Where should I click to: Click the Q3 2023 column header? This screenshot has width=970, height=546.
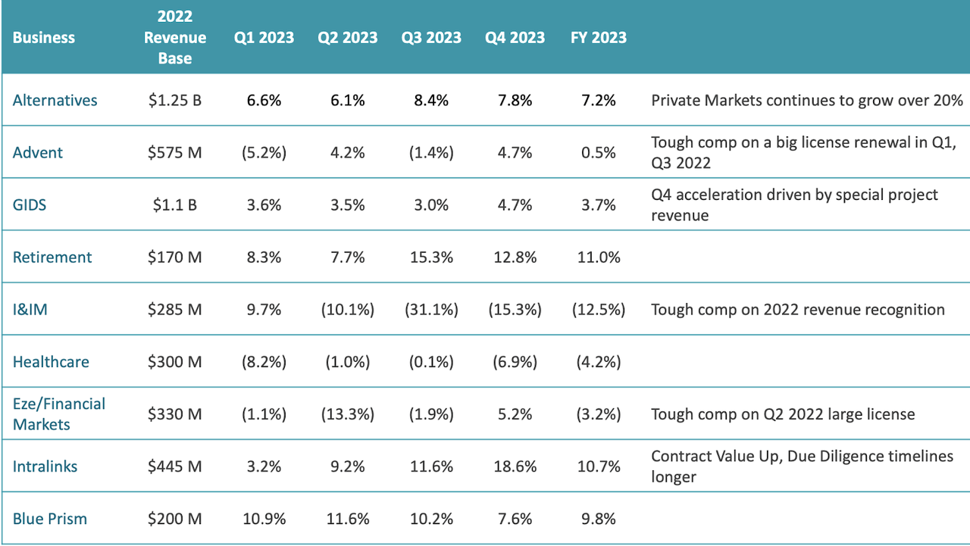pos(431,38)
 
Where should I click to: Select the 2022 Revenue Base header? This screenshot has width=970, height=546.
pos(174,38)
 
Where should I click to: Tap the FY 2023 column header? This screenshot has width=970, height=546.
pos(598,38)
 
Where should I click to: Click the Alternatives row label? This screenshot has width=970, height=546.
pos(55,100)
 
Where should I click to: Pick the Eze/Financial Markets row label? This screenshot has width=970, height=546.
pos(59,414)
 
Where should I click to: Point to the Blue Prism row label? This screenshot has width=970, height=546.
pos(50,519)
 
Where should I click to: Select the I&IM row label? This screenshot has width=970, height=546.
pos(30,310)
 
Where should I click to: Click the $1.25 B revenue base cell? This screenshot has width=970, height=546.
pos(174,100)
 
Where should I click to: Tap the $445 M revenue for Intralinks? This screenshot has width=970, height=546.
pos(174,466)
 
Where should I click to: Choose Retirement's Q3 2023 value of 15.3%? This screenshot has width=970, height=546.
pos(431,257)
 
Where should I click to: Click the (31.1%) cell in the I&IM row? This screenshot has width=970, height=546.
pos(431,310)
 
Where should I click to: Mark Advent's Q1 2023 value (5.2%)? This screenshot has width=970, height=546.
pos(264,153)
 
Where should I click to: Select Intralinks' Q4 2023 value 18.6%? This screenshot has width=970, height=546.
pos(515,466)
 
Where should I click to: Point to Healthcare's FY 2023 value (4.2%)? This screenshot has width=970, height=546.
pos(598,362)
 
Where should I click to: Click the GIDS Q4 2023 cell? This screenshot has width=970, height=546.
pos(515,205)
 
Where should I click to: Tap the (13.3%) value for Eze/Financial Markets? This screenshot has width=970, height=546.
pos(348,414)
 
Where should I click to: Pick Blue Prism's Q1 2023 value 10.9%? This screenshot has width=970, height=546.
pos(264,519)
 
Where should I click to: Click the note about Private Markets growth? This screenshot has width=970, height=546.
pos(807,100)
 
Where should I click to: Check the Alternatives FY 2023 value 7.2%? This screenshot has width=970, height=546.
pos(598,100)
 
